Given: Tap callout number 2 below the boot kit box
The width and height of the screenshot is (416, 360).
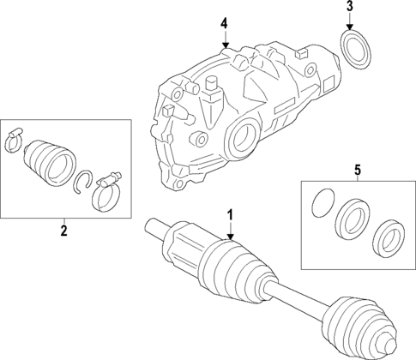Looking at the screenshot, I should coord(63,230).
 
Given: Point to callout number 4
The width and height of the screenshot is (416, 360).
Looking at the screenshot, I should coord(224,21).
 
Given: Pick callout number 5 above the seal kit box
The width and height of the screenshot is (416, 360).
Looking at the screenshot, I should coord(357,169).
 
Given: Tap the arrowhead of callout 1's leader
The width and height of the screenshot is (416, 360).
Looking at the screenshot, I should coord(230,237).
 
